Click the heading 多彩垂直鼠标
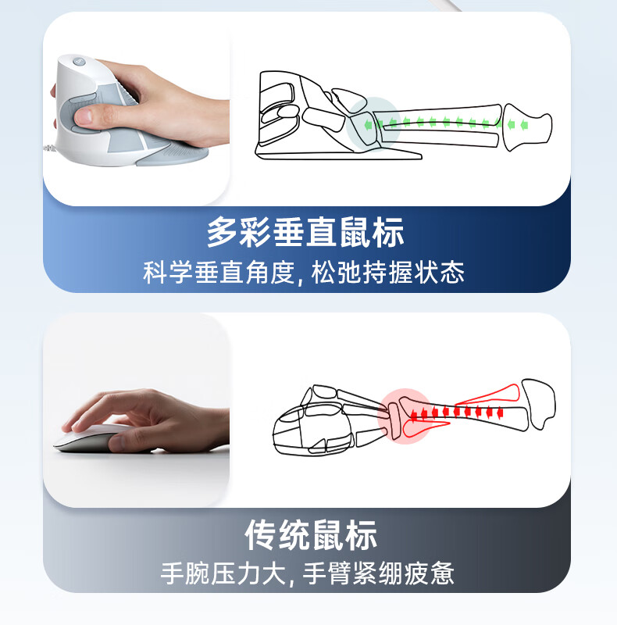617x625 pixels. [305, 232]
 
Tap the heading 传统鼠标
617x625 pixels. [311, 535]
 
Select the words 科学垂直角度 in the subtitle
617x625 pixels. [219, 273]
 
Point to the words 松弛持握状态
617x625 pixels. [388, 273]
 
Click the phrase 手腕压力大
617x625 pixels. [223, 573]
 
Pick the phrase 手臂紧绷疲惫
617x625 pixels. [379, 573]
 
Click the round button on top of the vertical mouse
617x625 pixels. [78, 62]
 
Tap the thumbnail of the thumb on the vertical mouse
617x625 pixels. [83, 116]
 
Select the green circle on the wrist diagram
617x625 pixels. [373, 124]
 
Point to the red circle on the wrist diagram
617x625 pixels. [405, 416]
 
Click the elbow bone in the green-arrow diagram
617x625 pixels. [527, 127]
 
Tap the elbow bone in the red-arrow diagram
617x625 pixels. [539, 403]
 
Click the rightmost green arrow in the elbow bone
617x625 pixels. [524, 125]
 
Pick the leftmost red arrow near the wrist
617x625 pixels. [414, 416]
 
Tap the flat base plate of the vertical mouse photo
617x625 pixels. [172, 155]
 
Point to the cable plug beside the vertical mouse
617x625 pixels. [49, 148]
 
